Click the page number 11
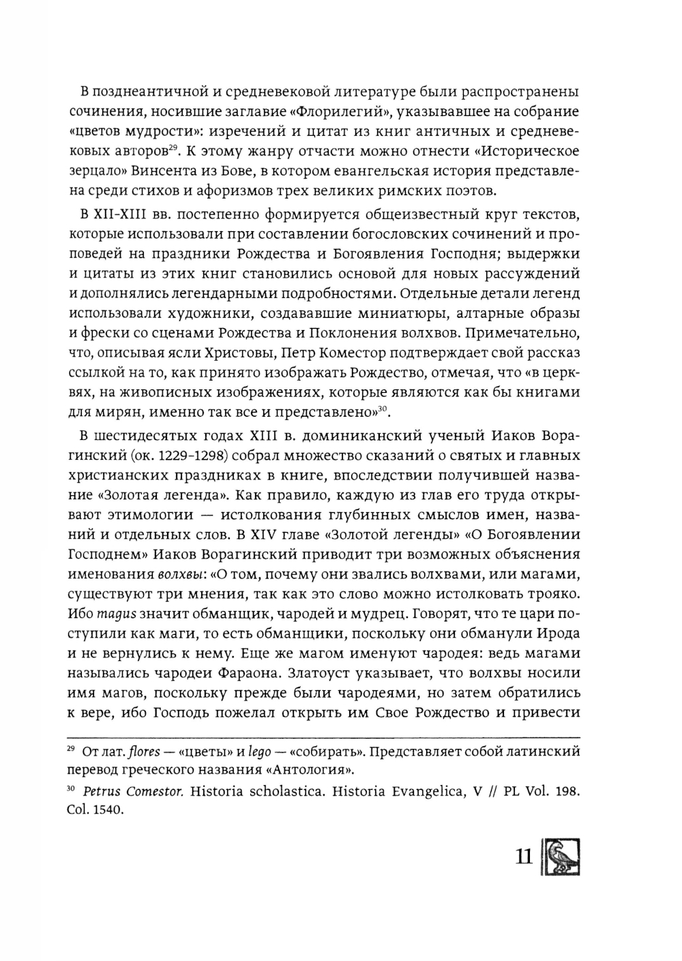[x=523, y=856]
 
